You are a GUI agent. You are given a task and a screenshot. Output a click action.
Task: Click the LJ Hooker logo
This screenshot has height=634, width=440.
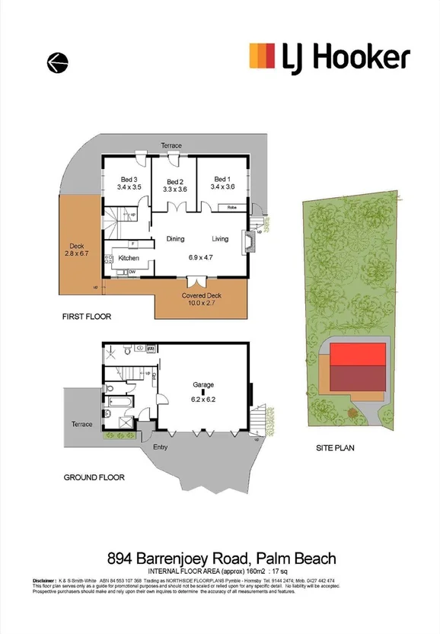330,57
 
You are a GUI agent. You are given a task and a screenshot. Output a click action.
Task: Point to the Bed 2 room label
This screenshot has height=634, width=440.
175,183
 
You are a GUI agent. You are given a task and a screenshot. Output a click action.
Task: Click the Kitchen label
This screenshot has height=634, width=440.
129,260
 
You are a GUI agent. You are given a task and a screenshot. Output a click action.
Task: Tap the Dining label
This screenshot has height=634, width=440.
175,239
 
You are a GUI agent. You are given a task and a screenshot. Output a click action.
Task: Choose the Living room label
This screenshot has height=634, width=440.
220,239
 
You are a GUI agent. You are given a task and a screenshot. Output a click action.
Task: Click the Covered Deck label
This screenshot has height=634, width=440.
201,295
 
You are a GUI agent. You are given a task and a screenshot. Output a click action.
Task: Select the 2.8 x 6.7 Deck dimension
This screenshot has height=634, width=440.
78,253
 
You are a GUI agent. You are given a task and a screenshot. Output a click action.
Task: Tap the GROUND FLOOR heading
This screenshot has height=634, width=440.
94,477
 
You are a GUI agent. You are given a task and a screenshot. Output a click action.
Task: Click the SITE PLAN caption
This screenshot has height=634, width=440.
335,448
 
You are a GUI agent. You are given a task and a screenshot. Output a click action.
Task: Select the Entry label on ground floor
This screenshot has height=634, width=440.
161,448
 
